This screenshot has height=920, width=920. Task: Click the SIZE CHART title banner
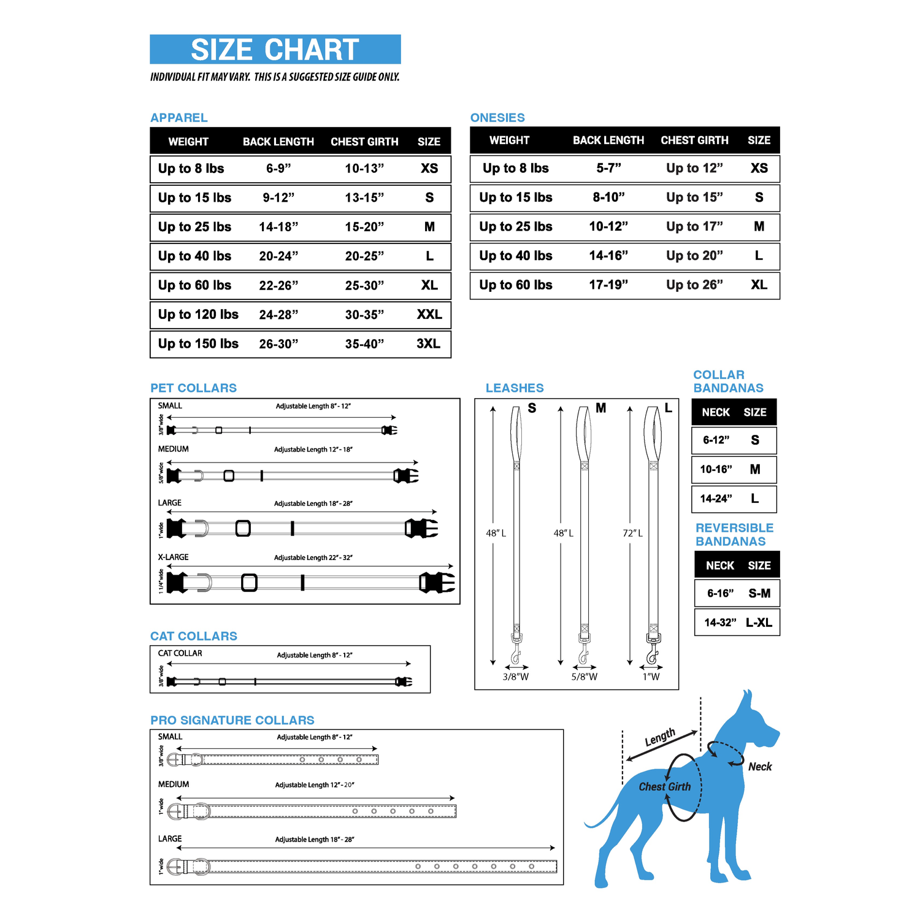point(275,50)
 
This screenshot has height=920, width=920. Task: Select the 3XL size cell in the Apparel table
point(428,343)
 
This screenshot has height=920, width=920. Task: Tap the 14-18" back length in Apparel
point(278,227)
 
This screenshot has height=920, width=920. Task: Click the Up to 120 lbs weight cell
point(198,315)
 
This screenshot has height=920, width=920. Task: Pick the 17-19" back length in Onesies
point(608,285)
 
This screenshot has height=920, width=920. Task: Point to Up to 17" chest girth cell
point(694,227)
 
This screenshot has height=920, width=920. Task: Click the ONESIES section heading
point(497,118)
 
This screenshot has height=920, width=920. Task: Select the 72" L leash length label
point(632,534)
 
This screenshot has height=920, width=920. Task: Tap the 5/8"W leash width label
point(584,677)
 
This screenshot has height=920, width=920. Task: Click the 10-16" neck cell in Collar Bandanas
point(716,470)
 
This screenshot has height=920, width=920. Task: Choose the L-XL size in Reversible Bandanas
point(759,623)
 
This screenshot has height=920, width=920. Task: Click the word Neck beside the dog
point(760,767)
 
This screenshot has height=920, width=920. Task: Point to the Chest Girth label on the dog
point(665,787)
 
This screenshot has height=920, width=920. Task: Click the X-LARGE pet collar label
point(173,558)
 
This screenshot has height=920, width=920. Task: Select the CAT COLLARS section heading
point(194,636)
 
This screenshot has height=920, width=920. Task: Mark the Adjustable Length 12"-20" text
point(315,785)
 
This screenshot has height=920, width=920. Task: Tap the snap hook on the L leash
point(653,654)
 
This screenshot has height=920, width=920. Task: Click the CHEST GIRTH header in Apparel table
point(364,142)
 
